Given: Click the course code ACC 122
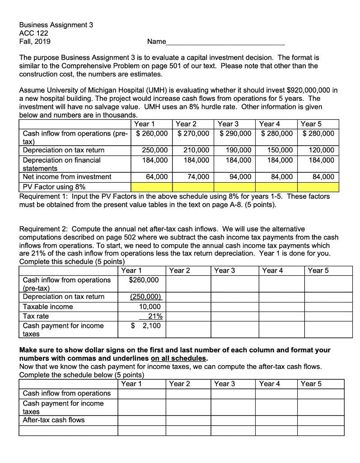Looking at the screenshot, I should point(33,33).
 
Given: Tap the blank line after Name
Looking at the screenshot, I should point(225,43).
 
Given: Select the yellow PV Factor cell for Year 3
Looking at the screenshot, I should point(235,187).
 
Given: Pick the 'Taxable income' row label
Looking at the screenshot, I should point(47,307).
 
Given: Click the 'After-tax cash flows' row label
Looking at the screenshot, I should point(53,420).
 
